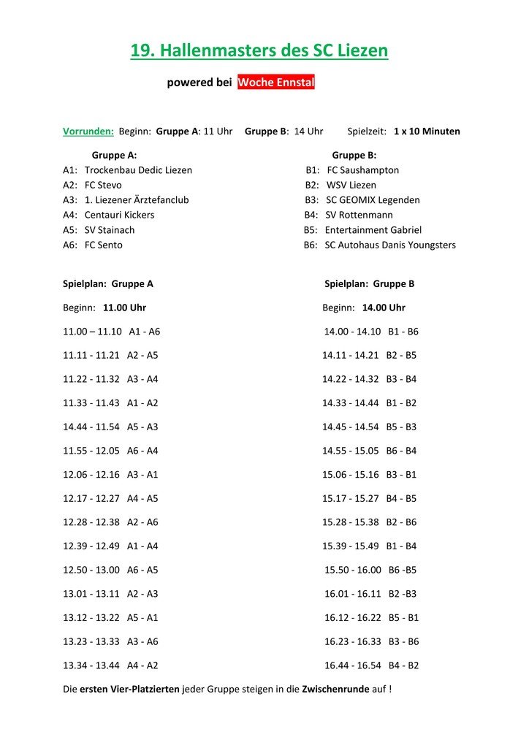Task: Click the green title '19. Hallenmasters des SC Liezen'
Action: [x=259, y=51]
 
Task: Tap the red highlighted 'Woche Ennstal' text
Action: [x=276, y=83]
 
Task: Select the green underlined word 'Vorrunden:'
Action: [x=88, y=131]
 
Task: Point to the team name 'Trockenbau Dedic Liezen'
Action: [x=138, y=170]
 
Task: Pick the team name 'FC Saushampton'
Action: [x=363, y=170]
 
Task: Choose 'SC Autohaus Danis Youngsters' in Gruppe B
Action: [x=390, y=245]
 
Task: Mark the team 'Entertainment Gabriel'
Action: [x=373, y=230]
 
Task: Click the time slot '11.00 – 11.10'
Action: [x=92, y=332]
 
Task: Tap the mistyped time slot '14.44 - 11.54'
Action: [x=92, y=427]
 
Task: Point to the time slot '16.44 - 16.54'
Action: [x=353, y=666]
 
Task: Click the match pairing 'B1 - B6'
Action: [x=403, y=332]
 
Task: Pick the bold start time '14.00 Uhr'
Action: [x=384, y=308]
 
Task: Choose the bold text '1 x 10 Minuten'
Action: [x=427, y=131]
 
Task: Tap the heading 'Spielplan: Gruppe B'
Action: [x=370, y=284]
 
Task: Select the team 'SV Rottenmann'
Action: [x=359, y=215]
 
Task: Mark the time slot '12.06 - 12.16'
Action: [x=91, y=475]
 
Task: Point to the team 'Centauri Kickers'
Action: [x=120, y=215]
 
